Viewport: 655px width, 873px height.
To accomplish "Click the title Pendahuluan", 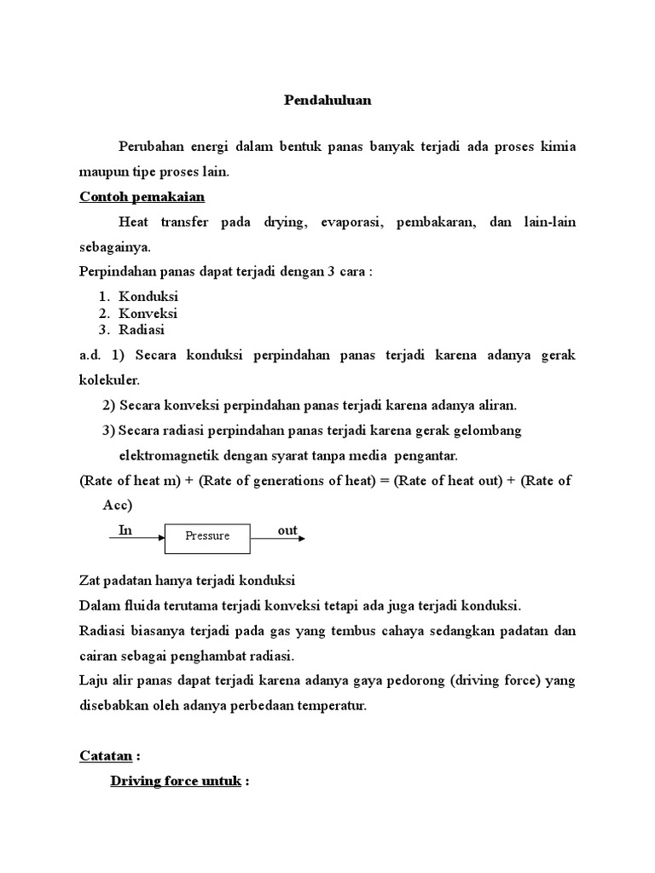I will pyautogui.click(x=327, y=100).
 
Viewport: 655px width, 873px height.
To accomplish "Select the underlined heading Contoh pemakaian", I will pyautogui.click(x=142, y=196).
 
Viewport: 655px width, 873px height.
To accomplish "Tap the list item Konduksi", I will pyautogui.click(x=148, y=297).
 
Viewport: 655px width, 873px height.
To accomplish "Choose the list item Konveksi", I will pyautogui.click(x=148, y=313).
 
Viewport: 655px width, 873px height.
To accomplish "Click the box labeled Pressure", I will pyautogui.click(x=208, y=536).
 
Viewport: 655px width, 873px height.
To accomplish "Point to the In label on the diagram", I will pyautogui.click(x=125, y=530).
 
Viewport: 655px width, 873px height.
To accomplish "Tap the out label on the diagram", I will pyautogui.click(x=287, y=530).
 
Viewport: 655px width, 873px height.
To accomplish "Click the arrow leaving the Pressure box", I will pyautogui.click(x=278, y=538).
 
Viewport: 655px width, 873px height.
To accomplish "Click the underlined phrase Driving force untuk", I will pyautogui.click(x=177, y=780).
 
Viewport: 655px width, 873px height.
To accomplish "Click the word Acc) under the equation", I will pyautogui.click(x=118, y=506).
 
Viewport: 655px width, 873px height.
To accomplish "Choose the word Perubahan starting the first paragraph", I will pyautogui.click(x=154, y=147).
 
